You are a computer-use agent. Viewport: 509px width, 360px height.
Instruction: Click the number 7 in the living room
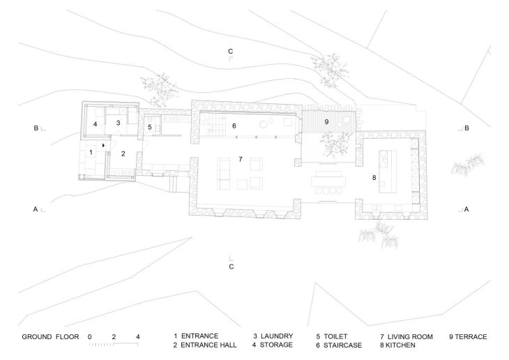240,159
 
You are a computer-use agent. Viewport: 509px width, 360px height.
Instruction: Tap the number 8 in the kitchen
374,179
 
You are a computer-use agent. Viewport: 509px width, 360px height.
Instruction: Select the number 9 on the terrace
326,121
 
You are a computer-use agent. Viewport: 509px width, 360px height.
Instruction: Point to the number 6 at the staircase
234,126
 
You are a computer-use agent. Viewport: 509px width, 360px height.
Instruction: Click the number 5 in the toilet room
149,127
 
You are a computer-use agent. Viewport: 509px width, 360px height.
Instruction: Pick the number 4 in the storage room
95,124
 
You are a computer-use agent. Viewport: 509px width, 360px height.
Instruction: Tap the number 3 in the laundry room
119,123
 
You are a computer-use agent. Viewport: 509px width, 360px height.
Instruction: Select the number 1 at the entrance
91,151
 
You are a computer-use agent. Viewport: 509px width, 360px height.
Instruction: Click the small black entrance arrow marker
104,145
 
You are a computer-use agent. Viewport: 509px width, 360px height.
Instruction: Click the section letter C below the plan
231,267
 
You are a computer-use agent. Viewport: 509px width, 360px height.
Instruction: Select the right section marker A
467,209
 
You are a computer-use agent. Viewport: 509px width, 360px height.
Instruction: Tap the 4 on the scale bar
138,337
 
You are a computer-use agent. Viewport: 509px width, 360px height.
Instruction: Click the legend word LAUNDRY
277,336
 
